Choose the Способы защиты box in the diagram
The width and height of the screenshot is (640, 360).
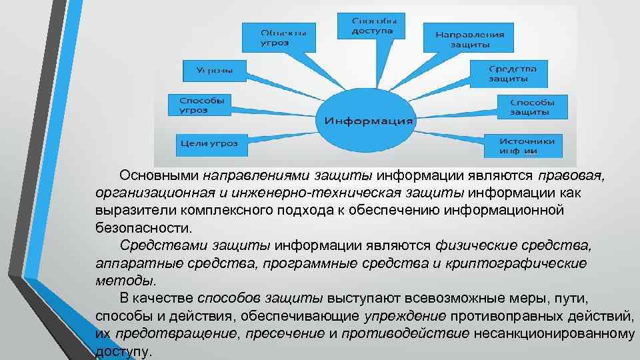coord(531,107)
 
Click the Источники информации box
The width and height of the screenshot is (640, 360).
coord(531,145)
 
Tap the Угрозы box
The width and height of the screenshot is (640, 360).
coord(213,69)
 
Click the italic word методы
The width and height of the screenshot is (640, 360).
coord(125,280)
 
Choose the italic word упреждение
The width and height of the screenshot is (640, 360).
coord(407,315)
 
